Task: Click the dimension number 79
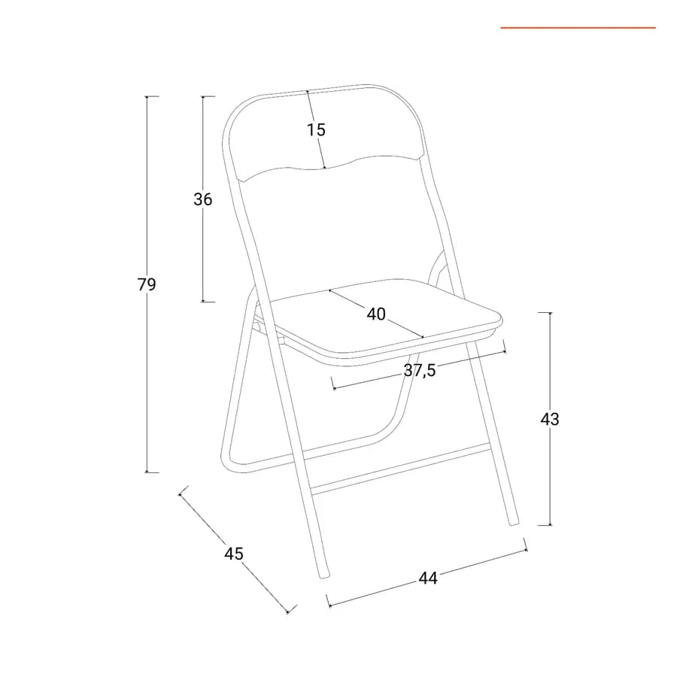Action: point(147,284)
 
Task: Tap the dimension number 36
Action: point(202,199)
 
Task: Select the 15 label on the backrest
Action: point(316,129)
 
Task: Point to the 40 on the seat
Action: point(376,314)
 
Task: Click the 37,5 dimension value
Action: point(420,370)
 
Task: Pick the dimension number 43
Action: point(550,419)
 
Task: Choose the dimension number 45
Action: point(234,554)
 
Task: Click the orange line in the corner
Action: point(578,28)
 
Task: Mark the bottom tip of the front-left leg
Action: point(323,577)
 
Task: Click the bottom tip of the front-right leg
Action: point(515,524)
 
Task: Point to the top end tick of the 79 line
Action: point(147,96)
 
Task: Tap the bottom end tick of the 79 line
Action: point(147,472)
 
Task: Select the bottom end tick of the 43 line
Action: point(550,525)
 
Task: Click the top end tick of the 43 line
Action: point(550,312)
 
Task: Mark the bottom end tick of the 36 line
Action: point(202,302)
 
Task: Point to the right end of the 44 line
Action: point(527,550)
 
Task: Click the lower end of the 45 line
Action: point(288,612)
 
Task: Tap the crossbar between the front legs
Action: point(402,470)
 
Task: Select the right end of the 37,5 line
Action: point(505,352)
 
